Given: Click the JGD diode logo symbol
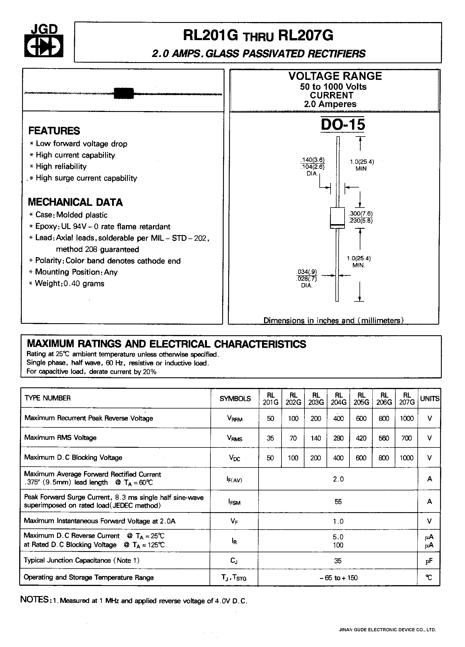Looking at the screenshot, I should [44, 46].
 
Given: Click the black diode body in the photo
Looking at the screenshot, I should [124, 93].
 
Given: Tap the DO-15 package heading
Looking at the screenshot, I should [343, 125].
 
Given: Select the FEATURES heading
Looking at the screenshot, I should [54, 131].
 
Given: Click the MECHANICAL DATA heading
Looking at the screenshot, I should [75, 202].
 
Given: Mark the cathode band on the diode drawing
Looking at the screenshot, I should [337, 227].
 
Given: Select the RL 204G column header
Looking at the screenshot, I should [339, 399].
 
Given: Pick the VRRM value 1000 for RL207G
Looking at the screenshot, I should [407, 418].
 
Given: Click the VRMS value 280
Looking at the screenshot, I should [338, 438].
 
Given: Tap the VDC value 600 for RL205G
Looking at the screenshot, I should [361, 458].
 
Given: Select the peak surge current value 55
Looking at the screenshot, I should [338, 502].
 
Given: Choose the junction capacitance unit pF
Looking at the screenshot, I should [429, 561].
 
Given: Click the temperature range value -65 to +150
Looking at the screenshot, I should [338, 578].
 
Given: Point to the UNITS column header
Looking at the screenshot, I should [429, 399].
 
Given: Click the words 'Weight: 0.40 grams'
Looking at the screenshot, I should [69, 284].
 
